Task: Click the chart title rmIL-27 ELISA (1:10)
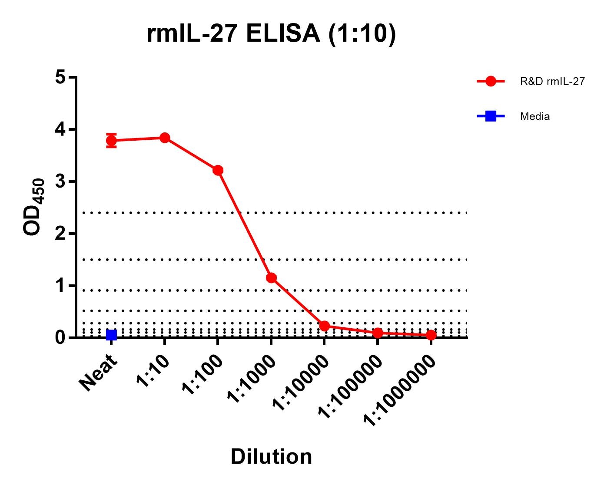pyautogui.click(x=271, y=33)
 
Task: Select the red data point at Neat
pyautogui.click(x=111, y=140)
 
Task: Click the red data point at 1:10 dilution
pyautogui.click(x=165, y=138)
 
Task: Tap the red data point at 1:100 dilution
pyautogui.click(x=218, y=170)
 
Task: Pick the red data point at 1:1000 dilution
pyautogui.click(x=272, y=278)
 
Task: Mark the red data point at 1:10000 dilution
pyautogui.click(x=324, y=326)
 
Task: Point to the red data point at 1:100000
pyautogui.click(x=378, y=333)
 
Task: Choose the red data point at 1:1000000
pyautogui.click(x=431, y=335)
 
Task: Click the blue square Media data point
pyautogui.click(x=111, y=335)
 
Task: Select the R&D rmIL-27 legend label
pyautogui.click(x=552, y=81)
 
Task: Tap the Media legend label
pyautogui.click(x=535, y=116)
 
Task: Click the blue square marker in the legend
pyautogui.click(x=491, y=116)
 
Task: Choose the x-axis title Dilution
pyautogui.click(x=271, y=457)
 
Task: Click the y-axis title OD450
pyautogui.click(x=34, y=207)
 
